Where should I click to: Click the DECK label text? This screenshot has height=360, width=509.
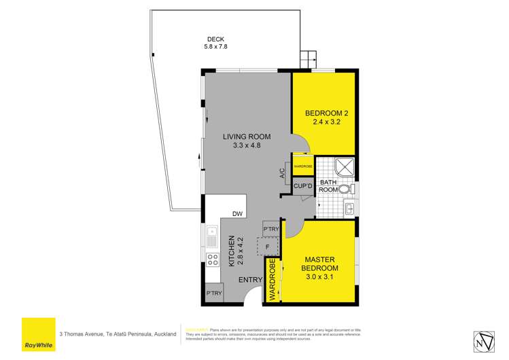point(216,39)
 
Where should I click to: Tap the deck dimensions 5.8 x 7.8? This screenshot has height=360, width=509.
point(216,47)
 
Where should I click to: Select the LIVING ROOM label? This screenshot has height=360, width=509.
point(242,136)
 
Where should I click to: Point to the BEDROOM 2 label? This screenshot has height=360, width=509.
point(324,113)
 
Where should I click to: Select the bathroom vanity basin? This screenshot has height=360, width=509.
point(349,209)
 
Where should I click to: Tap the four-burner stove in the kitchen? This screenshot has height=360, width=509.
point(212,258)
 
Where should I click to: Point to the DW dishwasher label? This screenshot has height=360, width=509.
point(237,214)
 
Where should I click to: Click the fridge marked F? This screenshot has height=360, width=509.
point(268,246)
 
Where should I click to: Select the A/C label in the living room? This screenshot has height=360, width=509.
point(282,174)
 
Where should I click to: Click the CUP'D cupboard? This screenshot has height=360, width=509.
point(302,185)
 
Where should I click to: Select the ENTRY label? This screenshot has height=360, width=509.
point(249,278)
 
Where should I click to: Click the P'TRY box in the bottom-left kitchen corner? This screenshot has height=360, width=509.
point(214,293)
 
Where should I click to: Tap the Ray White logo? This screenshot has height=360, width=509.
point(38,334)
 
